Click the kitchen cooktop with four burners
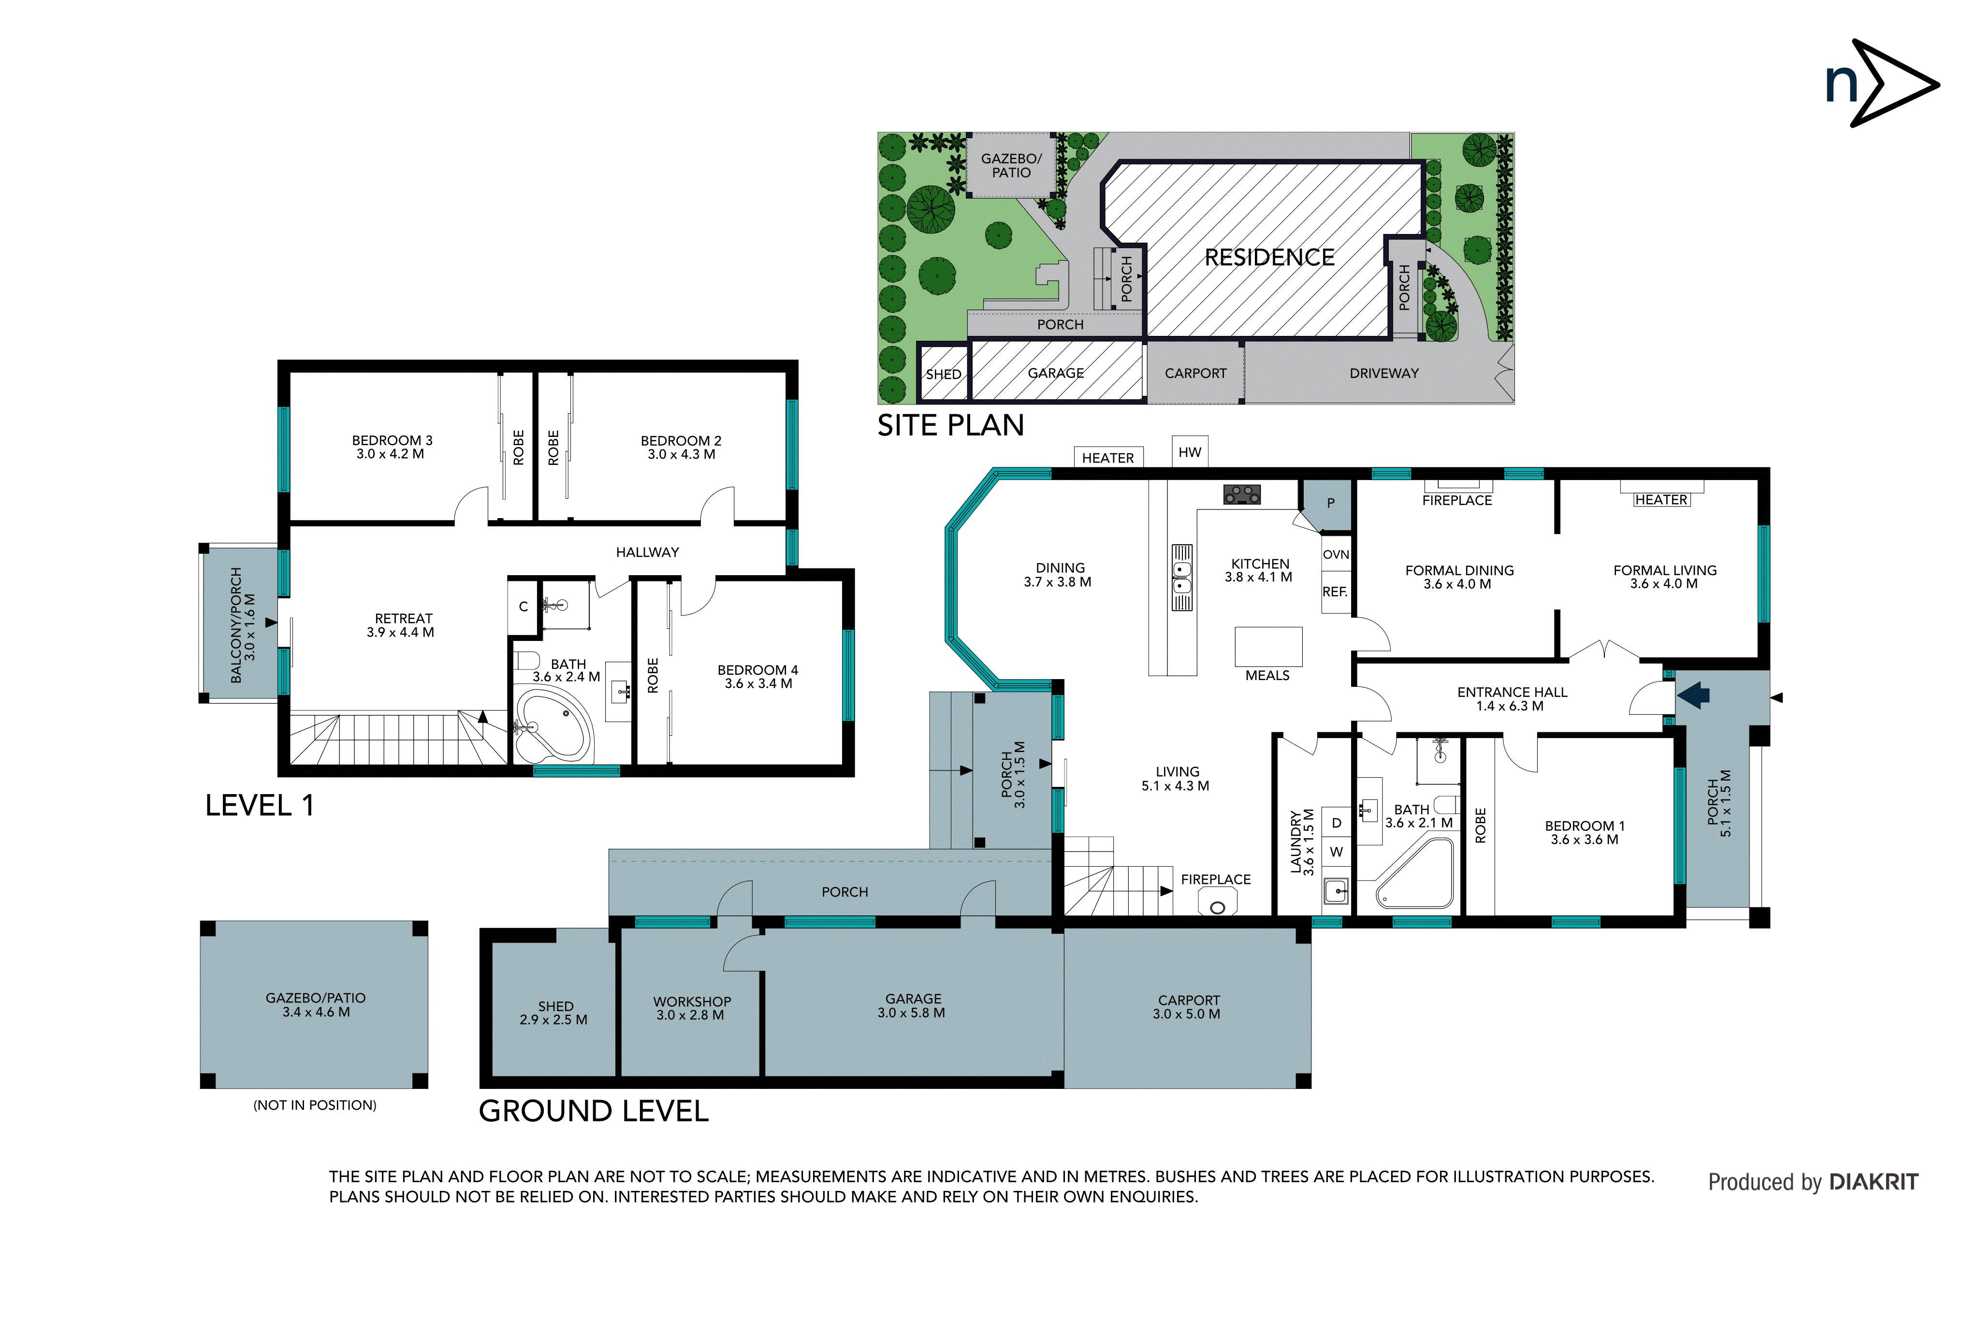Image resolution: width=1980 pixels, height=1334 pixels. pos(1241,494)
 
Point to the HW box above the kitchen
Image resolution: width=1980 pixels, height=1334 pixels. pos(1190,452)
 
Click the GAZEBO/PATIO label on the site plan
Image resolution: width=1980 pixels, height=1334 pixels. pos(1011,165)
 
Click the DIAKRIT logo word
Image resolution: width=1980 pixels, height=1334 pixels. pos(1874,1182)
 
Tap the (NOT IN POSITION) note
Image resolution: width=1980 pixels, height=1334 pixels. pos(315,1105)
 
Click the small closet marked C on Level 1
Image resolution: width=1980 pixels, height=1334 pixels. pos(524,607)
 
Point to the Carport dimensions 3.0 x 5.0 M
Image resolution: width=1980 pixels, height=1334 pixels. pos(1186,1014)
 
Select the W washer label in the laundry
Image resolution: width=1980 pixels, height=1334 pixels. pos(1336,852)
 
